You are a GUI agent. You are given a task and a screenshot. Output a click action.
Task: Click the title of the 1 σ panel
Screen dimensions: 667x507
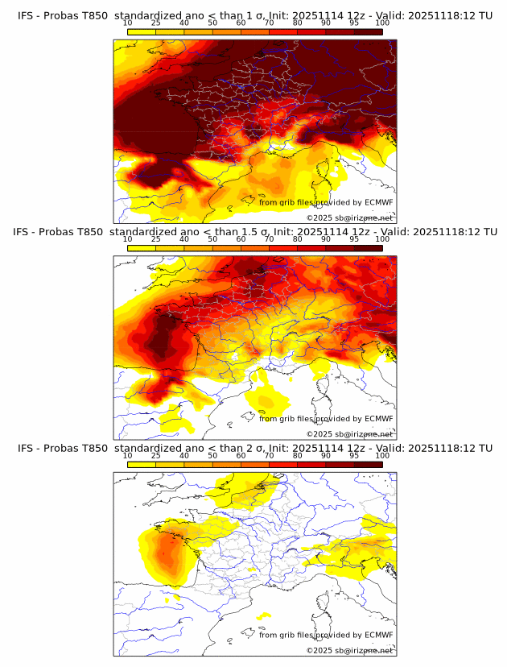(x=254, y=15)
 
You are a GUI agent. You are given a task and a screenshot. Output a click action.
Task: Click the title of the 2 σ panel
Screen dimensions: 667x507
(x=254, y=448)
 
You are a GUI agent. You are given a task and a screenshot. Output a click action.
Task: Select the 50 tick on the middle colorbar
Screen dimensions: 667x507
(x=212, y=239)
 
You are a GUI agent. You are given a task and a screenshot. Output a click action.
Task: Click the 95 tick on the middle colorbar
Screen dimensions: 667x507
(x=354, y=239)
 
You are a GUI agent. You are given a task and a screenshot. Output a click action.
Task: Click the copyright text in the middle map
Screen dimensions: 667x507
(x=349, y=433)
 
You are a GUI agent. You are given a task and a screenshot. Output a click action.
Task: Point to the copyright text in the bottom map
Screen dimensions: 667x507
(x=349, y=650)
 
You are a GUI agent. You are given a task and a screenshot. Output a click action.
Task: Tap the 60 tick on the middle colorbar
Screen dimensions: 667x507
(x=241, y=239)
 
